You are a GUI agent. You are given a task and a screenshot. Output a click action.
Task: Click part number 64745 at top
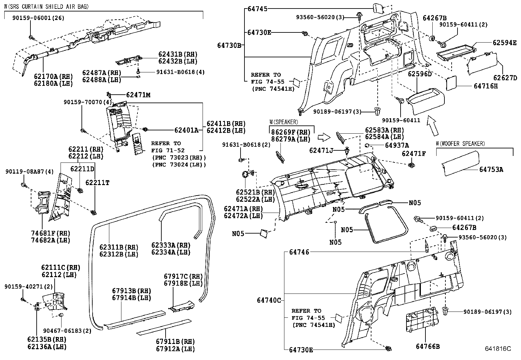(x=257, y=9)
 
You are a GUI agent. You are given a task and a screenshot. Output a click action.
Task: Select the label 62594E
(x=505, y=42)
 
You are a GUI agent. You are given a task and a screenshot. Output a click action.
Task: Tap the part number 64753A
(x=491, y=169)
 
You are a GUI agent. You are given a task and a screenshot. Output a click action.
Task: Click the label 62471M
(x=138, y=95)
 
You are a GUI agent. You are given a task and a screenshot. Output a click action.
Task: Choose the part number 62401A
(x=186, y=130)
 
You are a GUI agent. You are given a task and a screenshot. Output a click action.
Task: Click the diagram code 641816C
(x=498, y=349)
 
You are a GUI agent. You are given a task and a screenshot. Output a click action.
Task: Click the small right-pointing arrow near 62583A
(x=325, y=137)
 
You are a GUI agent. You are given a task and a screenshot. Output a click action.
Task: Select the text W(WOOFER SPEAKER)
(x=460, y=144)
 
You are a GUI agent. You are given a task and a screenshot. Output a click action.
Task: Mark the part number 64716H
(x=486, y=86)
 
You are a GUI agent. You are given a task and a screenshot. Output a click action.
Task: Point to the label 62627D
(x=505, y=78)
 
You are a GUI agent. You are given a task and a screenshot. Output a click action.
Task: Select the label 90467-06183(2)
(x=63, y=331)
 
